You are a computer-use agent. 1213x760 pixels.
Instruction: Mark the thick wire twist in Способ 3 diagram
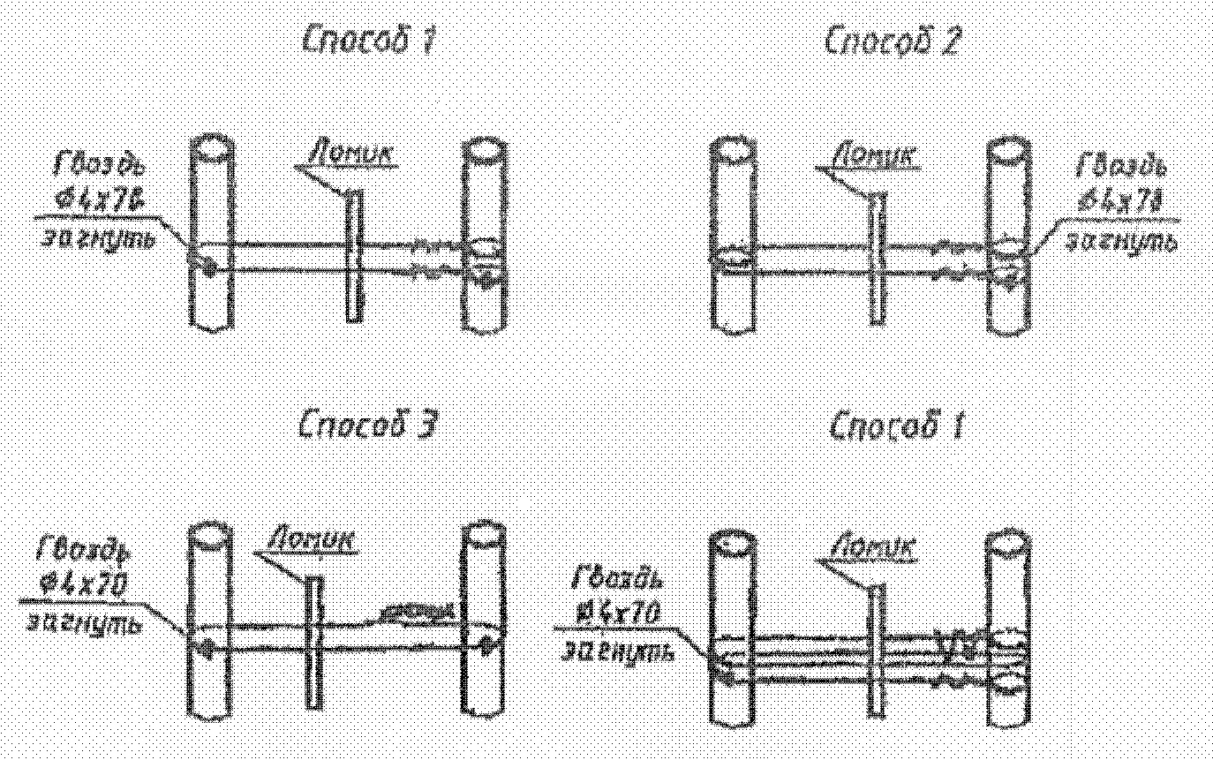pyautogui.click(x=418, y=611)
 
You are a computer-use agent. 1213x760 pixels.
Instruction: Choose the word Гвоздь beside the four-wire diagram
pyautogui.click(x=616, y=579)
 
